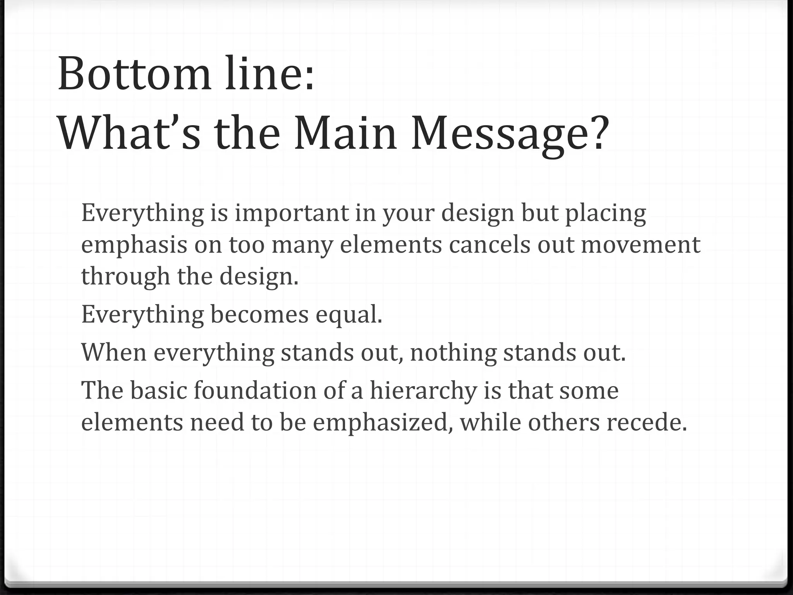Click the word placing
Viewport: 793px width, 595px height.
tap(606, 214)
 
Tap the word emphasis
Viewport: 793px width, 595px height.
tap(134, 246)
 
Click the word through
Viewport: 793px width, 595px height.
tap(125, 277)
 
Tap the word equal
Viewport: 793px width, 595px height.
tap(348, 315)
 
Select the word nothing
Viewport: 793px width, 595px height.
tap(453, 353)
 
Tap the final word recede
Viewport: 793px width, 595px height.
tap(646, 422)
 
